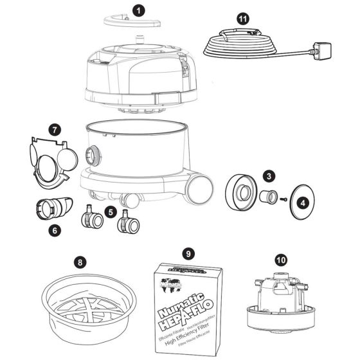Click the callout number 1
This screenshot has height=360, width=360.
coord(138,10)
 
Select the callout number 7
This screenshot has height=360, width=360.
coord(55,129)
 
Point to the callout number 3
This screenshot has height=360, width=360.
coord(270,175)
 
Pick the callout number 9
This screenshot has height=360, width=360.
coord(188,253)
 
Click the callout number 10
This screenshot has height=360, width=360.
coord(280,260)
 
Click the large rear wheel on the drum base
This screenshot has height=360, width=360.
coord(201,187)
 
